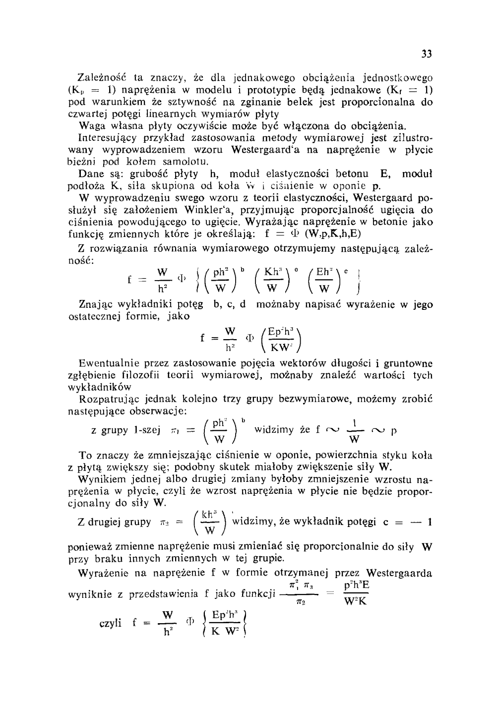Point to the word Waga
click(91, 125)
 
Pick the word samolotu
click(174, 162)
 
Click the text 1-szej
click(146, 430)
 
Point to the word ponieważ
click(89, 547)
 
